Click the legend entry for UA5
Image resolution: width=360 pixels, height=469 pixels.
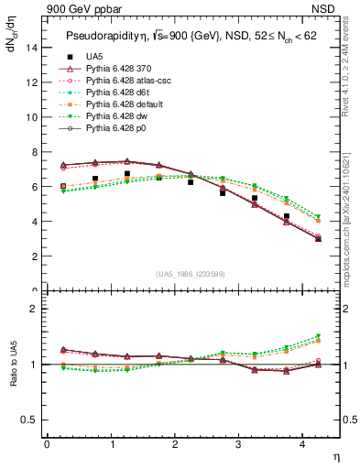(93, 58)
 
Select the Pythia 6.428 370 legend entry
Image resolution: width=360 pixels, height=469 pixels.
(119, 70)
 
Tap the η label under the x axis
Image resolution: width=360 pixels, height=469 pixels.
(334, 455)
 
